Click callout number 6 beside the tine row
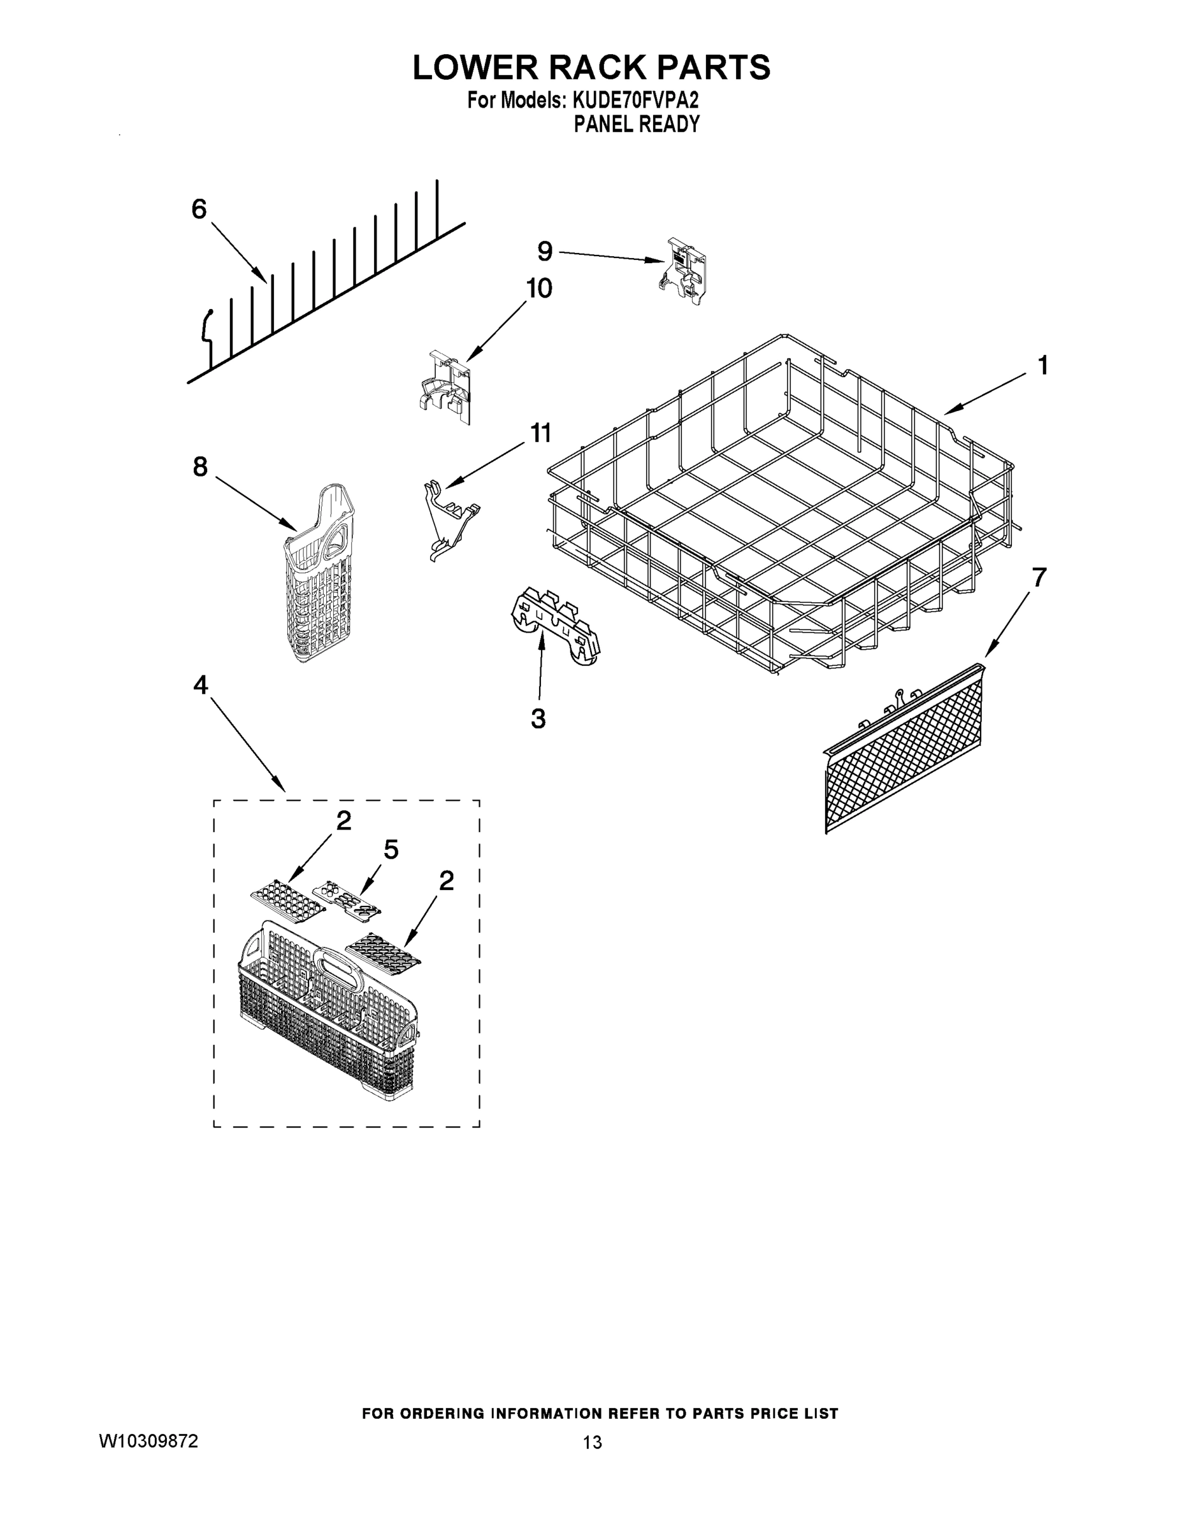199,210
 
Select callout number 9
545,250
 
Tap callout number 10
538,288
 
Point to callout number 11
540,433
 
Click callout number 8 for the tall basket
200,466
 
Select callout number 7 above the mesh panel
1039,578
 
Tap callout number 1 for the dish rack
1042,366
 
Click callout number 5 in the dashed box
391,849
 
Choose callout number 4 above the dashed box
200,686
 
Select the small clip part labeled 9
682,271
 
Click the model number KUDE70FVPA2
635,101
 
